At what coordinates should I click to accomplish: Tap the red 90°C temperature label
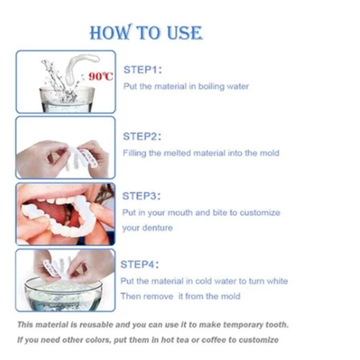coord(101,76)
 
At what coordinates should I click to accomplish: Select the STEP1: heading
coord(143,70)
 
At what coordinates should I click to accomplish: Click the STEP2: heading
coord(142,136)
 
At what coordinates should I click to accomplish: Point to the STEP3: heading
coord(141,196)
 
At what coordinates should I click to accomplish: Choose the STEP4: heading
coord(140,264)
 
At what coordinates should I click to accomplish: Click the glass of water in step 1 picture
coord(66,99)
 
